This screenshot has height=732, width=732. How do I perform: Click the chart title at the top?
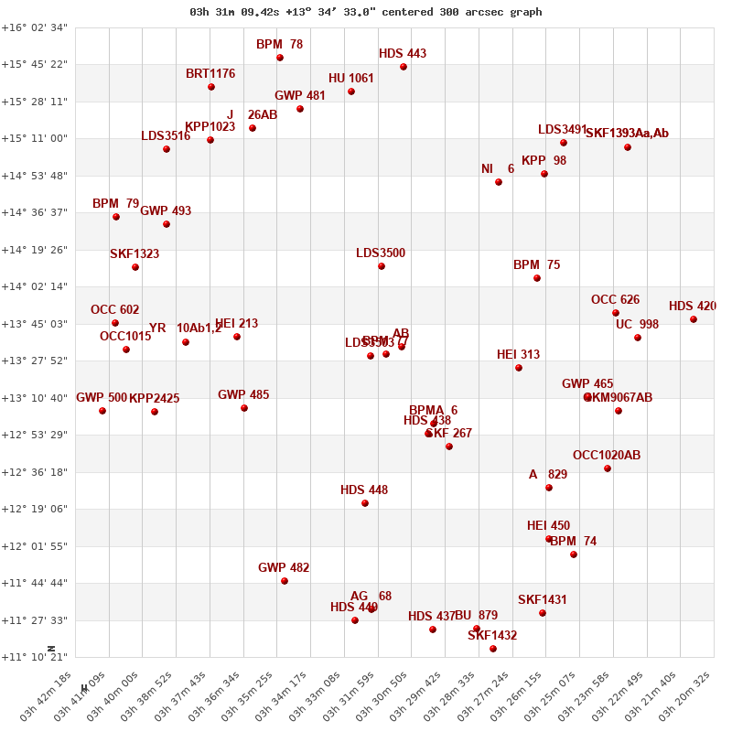click(x=365, y=12)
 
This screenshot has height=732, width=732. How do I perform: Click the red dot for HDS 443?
click(x=404, y=67)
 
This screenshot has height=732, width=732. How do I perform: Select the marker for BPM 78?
click(x=280, y=58)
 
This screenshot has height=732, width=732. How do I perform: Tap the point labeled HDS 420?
click(x=694, y=319)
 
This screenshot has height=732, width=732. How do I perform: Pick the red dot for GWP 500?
click(x=102, y=411)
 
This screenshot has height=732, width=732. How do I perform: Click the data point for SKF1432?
click(x=493, y=649)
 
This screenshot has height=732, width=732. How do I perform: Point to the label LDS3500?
click(x=381, y=253)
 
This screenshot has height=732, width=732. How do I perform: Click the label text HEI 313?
click(x=518, y=355)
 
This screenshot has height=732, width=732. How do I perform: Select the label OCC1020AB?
click(x=607, y=456)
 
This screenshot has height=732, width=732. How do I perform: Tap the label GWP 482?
click(x=284, y=568)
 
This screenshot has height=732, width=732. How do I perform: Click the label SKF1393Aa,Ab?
click(x=627, y=134)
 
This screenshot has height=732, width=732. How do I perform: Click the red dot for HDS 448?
click(x=365, y=503)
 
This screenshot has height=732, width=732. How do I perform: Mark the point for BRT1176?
click(x=211, y=87)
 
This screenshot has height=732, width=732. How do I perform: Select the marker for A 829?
click(x=549, y=488)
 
